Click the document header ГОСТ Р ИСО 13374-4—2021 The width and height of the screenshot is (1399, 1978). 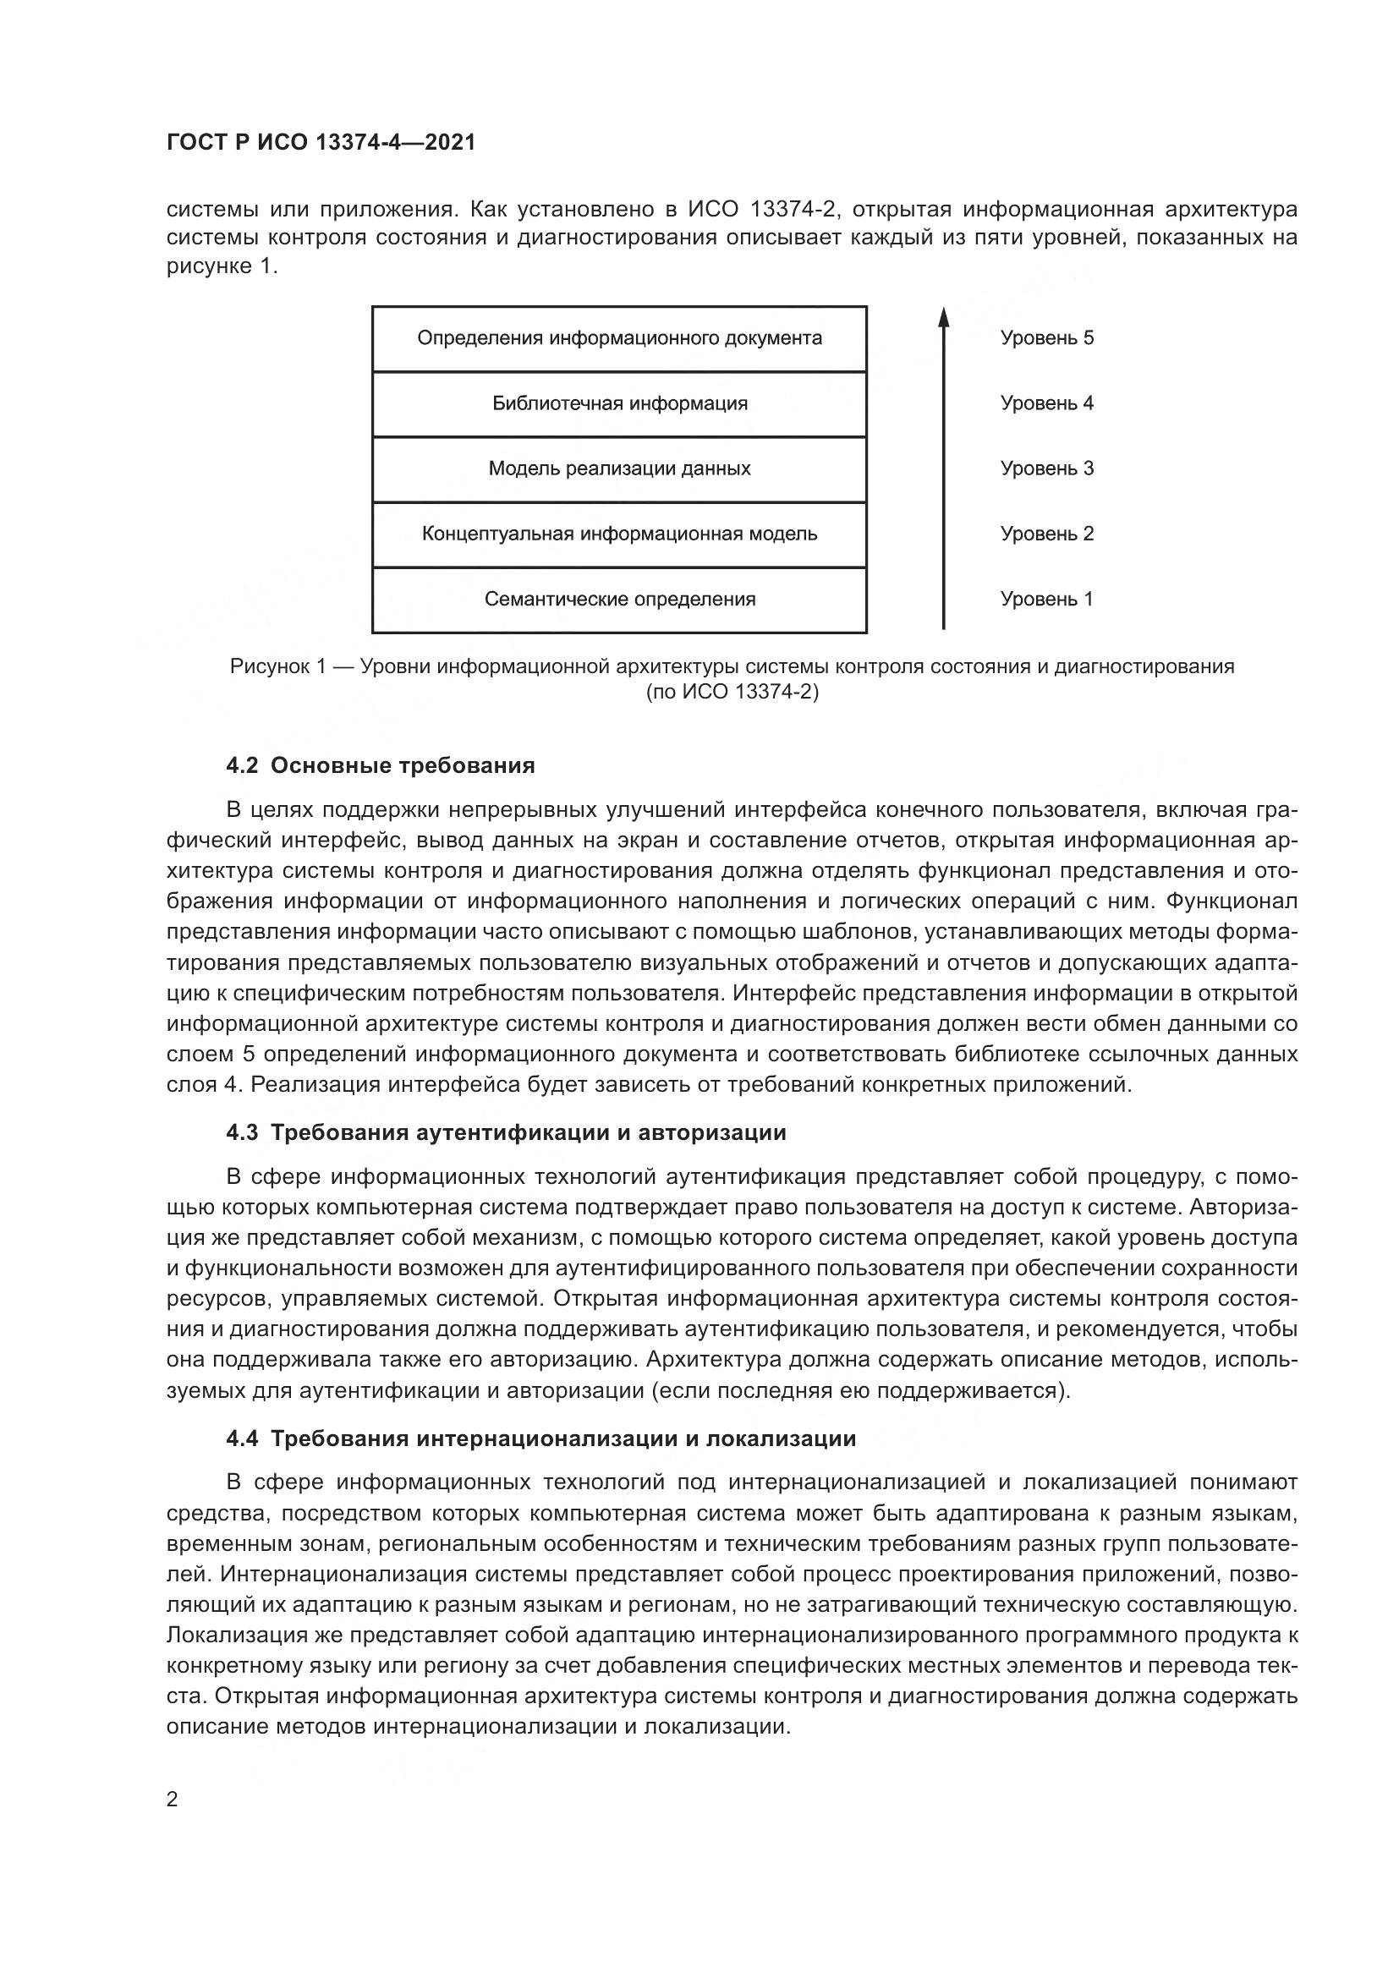click(321, 143)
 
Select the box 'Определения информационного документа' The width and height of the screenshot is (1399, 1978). click(619, 338)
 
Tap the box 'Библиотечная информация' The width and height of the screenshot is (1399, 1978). click(619, 404)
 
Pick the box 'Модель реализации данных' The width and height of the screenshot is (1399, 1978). click(619, 469)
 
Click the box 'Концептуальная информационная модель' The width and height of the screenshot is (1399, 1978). click(619, 534)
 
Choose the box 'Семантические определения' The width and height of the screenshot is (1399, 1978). click(619, 600)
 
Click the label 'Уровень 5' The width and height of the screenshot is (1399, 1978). click(1046, 338)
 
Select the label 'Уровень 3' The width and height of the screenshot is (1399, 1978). click(1046, 469)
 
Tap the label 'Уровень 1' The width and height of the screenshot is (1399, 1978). click(1046, 600)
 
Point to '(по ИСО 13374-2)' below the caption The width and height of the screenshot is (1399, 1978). click(732, 692)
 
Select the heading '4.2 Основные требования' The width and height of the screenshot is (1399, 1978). click(380, 766)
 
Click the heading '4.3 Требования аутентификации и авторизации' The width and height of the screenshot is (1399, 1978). click(506, 1133)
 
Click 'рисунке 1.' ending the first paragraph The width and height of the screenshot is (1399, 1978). click(222, 267)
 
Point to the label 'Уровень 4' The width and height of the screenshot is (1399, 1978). click(1046, 404)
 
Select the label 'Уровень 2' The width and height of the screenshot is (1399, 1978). click(1046, 534)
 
